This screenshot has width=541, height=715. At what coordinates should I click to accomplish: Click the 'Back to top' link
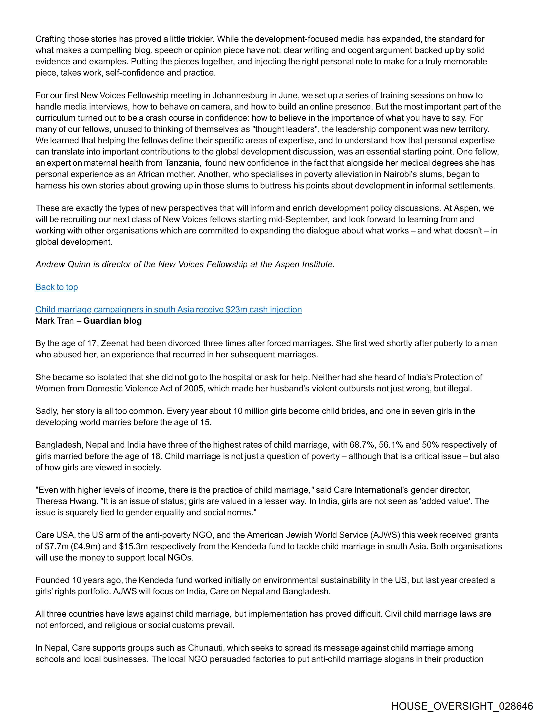coord(57,287)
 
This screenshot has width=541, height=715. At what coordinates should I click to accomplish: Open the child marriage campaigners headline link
coord(168,310)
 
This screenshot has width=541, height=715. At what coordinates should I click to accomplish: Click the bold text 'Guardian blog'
coord(112,321)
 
